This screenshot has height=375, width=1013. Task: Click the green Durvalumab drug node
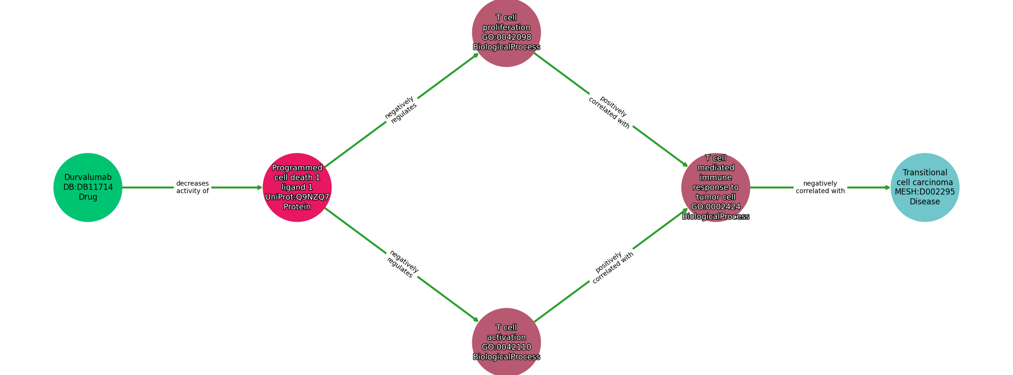(88, 187)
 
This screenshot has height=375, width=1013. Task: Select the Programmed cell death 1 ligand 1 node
(297, 187)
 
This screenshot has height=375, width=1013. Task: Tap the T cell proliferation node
(506, 32)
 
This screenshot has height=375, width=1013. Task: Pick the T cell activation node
(506, 342)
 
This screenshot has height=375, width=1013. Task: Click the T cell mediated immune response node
(715, 187)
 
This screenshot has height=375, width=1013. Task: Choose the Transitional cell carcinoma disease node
(924, 187)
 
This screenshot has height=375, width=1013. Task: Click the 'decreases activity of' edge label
(192, 187)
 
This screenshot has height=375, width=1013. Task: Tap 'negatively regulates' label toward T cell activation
(402, 264)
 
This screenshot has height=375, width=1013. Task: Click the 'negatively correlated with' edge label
(820, 187)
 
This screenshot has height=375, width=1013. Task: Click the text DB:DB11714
(88, 187)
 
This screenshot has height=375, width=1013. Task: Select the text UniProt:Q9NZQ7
(297, 197)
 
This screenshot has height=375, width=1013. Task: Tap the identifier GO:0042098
(506, 37)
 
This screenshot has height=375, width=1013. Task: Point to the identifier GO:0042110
(506, 347)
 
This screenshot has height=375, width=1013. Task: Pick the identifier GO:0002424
(715, 207)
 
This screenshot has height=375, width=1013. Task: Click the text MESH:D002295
(924, 192)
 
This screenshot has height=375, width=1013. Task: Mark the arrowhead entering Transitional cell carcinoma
(887, 187)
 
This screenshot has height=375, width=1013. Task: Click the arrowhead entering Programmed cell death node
(259, 187)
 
